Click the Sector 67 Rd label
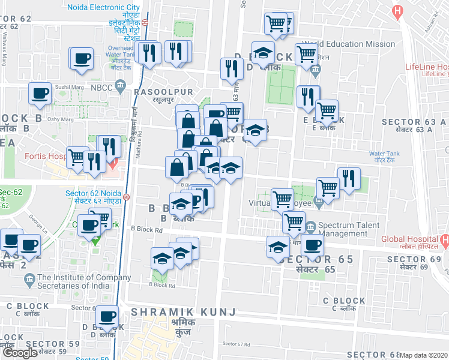(236, 344)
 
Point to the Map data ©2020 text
(424, 355)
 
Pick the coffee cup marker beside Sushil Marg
(41, 94)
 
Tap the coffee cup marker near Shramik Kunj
(108, 317)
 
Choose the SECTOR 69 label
(414, 259)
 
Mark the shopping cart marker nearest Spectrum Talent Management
(294, 222)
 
